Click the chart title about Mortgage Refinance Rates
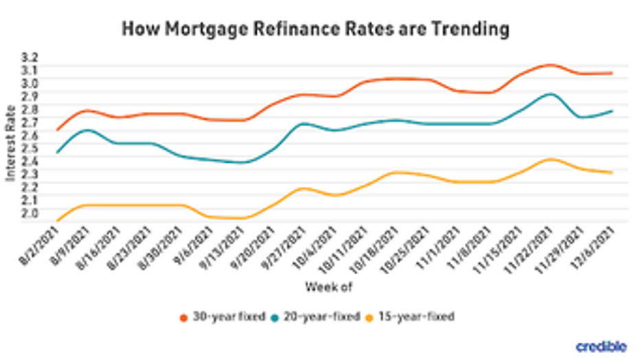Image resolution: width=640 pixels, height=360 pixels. (x=316, y=29)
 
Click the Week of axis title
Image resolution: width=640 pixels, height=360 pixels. (x=329, y=286)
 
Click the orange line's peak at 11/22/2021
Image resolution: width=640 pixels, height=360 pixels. (x=549, y=65)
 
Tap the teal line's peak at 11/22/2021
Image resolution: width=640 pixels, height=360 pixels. (x=549, y=94)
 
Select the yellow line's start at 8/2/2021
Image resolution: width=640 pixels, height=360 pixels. (x=57, y=221)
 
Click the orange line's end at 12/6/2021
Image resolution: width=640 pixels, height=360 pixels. (x=612, y=73)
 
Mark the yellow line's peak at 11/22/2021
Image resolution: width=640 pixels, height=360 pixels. (x=549, y=159)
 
